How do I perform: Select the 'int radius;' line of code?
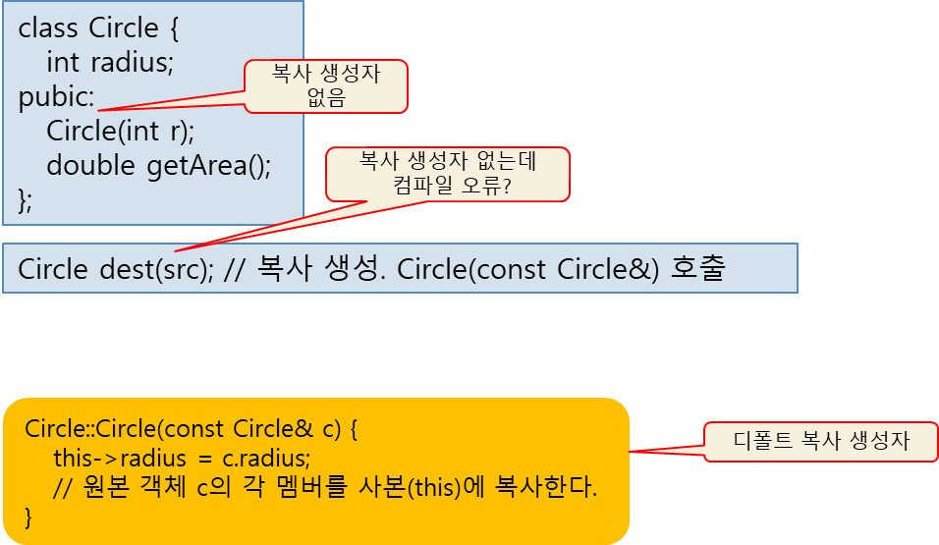tap(109, 63)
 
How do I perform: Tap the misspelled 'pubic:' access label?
tap(57, 98)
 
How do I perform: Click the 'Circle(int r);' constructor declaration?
tap(120, 131)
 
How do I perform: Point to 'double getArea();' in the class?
tap(157, 165)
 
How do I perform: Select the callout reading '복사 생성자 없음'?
tap(326, 85)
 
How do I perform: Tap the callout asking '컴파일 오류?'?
tap(449, 174)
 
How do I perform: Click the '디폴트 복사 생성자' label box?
tap(821, 442)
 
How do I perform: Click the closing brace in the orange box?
tap(28, 516)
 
